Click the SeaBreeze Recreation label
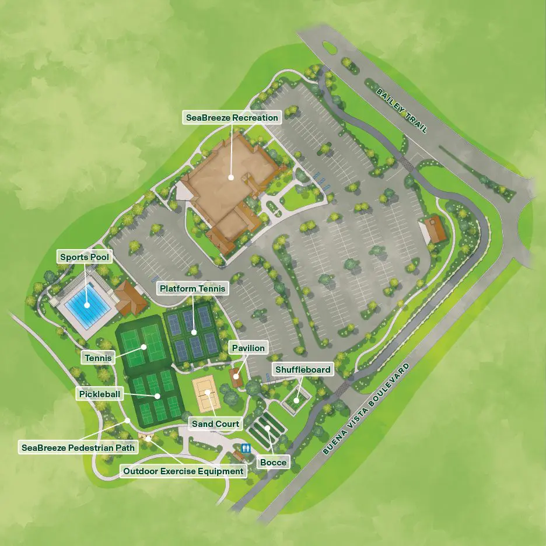click(232, 118)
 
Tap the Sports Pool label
click(85, 257)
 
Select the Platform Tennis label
click(192, 288)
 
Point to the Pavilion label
click(248, 348)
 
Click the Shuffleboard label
click(303, 369)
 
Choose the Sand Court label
click(215, 424)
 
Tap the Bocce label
click(273, 463)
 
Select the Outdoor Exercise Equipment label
click(183, 471)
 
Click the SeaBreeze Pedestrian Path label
click(79, 448)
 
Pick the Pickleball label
click(100, 394)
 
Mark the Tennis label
click(97, 358)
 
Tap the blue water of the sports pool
click(86, 305)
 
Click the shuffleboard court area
click(296, 400)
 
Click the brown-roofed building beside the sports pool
click(129, 298)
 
